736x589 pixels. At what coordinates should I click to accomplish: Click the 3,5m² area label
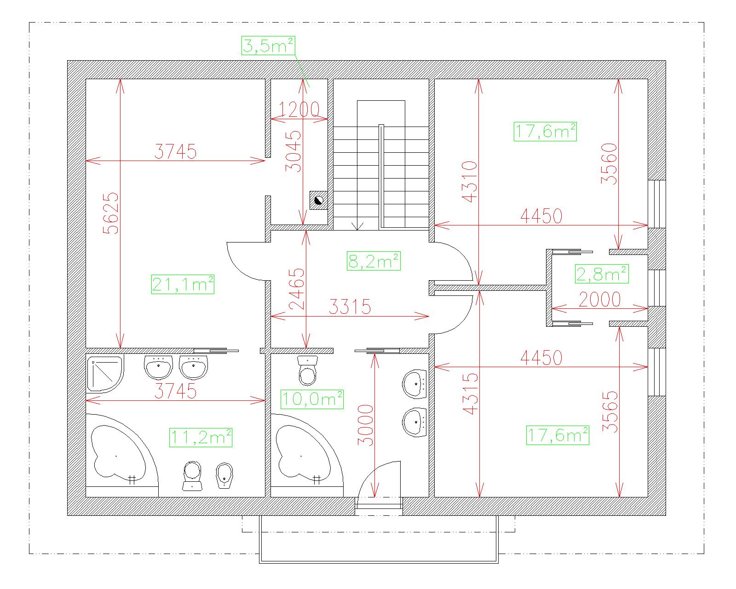(x=268, y=46)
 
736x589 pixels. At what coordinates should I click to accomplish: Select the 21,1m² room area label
(x=183, y=284)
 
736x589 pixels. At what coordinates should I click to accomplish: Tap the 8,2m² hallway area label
(x=374, y=261)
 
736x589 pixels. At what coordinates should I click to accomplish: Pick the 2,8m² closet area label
(x=602, y=274)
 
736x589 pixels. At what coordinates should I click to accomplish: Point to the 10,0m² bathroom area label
(x=312, y=399)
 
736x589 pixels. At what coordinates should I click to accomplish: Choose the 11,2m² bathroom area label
(x=201, y=438)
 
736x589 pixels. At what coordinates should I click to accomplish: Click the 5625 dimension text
(x=111, y=213)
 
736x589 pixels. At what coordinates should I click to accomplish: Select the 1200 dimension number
(x=299, y=110)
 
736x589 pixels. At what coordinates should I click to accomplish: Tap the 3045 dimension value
(x=293, y=151)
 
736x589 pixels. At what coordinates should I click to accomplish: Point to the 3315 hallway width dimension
(x=350, y=306)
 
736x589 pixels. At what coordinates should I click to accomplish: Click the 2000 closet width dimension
(x=599, y=300)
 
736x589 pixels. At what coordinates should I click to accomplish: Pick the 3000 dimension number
(x=365, y=425)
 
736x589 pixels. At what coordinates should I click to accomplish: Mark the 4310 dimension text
(x=469, y=182)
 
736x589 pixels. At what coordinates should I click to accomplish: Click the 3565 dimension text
(x=610, y=412)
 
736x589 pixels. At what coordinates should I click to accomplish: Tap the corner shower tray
(x=105, y=373)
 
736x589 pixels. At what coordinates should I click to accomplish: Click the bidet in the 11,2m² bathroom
(x=224, y=475)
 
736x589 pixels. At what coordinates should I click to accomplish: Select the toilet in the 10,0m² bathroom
(x=307, y=370)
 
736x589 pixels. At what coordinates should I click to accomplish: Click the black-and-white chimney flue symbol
(x=319, y=200)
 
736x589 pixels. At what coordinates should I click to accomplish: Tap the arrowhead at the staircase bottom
(x=357, y=225)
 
